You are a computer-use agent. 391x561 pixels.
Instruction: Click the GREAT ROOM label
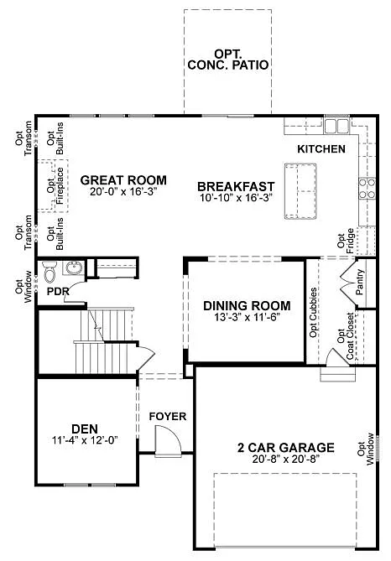[x=123, y=179]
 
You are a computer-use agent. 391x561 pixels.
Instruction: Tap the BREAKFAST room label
[x=236, y=186]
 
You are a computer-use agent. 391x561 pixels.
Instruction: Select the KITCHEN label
[x=321, y=148]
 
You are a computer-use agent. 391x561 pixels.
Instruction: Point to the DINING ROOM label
[x=247, y=306]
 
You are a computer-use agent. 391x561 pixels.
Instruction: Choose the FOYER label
[x=167, y=417]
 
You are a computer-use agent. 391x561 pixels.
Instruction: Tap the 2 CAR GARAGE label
[x=285, y=448]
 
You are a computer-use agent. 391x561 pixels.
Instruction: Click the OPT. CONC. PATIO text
[x=228, y=57]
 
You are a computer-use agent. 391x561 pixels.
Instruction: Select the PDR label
[x=57, y=292]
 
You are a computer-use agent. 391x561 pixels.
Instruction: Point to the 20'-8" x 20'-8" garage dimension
[x=285, y=460]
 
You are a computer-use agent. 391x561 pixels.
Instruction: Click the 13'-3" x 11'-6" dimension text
[x=247, y=318]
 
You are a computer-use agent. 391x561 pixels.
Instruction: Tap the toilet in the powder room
[x=50, y=273]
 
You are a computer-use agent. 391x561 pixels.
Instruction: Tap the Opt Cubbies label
[x=314, y=319]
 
